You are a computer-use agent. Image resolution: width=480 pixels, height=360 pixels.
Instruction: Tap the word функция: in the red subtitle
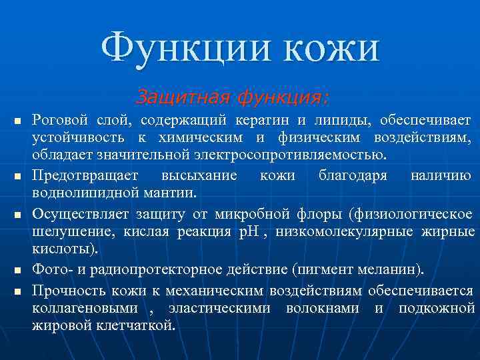pyautogui.click(x=280, y=97)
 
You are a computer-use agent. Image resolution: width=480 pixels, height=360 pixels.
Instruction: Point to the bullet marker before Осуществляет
pyautogui.click(x=18, y=215)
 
